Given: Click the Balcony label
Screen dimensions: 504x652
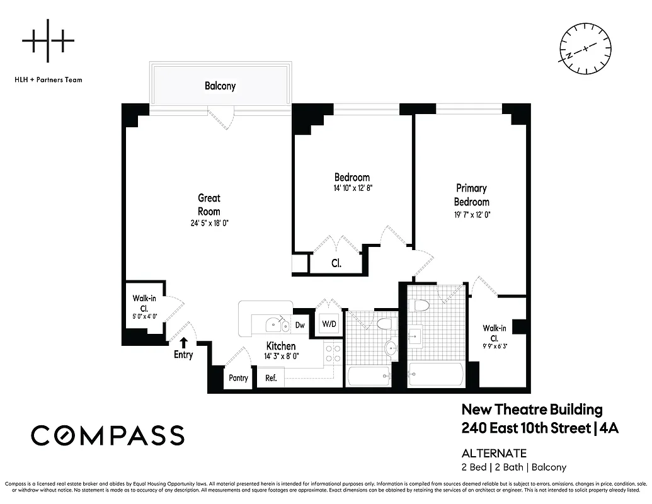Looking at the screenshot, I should pyautogui.click(x=220, y=86).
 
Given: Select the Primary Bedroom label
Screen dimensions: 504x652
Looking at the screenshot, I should pyautogui.click(x=472, y=195).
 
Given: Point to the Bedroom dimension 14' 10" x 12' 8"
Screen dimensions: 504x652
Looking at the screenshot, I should pyautogui.click(x=352, y=188).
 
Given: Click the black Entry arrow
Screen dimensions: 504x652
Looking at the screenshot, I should pyautogui.click(x=183, y=342).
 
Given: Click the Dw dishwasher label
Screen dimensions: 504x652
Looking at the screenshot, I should pyautogui.click(x=300, y=326).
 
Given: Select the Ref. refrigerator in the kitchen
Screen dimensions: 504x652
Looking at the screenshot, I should pyautogui.click(x=271, y=378).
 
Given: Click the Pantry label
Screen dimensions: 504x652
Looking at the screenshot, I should pyautogui.click(x=238, y=378).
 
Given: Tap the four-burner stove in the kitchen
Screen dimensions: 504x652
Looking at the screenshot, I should pyautogui.click(x=333, y=354).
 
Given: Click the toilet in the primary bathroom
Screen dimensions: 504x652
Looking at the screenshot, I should pyautogui.click(x=419, y=306).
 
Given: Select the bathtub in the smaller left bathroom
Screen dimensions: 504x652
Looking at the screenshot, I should pyautogui.click(x=369, y=377).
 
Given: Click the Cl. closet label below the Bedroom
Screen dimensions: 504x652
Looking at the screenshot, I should pyautogui.click(x=336, y=263).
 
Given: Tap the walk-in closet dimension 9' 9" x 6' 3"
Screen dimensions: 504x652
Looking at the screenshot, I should pyautogui.click(x=495, y=338).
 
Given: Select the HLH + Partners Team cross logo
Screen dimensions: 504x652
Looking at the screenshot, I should pyautogui.click(x=48, y=42).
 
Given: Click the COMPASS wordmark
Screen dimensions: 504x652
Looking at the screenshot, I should pyautogui.click(x=108, y=435).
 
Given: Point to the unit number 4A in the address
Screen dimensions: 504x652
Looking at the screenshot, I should pyautogui.click(x=609, y=428).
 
